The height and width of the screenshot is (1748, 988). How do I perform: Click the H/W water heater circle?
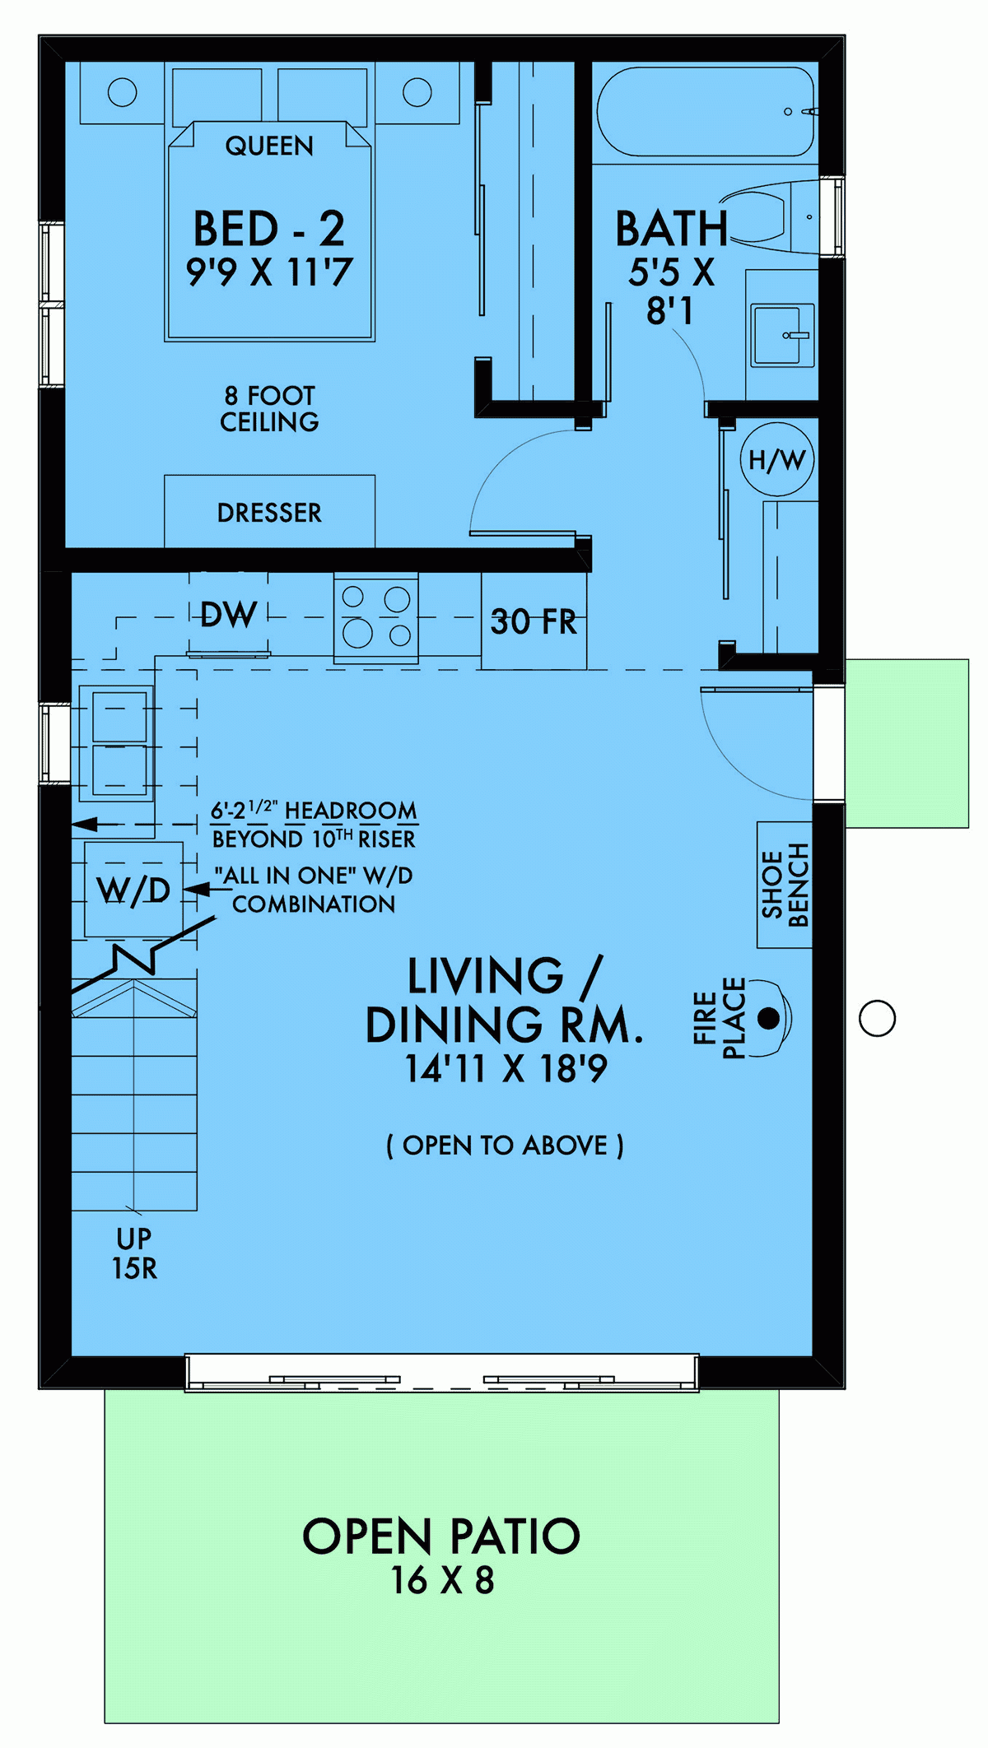(776, 459)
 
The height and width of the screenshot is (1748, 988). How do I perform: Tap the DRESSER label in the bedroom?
(269, 513)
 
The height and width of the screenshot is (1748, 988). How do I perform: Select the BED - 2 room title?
(268, 229)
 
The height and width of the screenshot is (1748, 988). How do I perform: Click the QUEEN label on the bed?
(269, 146)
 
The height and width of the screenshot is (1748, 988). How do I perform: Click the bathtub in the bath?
(704, 111)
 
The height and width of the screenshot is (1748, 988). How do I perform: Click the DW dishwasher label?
(228, 615)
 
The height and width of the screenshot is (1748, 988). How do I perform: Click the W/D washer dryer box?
(133, 890)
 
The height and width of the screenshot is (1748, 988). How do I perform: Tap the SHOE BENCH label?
(785, 885)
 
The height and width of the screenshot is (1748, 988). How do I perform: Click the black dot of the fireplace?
(768, 1018)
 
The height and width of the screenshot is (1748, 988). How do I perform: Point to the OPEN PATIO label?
(441, 1536)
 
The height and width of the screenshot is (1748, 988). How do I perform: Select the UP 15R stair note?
(134, 1253)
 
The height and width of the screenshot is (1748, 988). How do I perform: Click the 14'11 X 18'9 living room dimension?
(506, 1068)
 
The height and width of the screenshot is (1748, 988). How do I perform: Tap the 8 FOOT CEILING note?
(269, 408)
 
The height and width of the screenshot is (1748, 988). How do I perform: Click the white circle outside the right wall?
(877, 1019)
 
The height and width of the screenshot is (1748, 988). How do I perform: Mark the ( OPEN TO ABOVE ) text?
(505, 1145)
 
